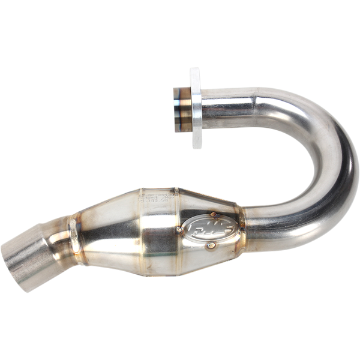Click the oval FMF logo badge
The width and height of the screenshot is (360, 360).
pyautogui.click(x=203, y=227)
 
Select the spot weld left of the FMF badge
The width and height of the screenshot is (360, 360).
pyautogui.click(x=178, y=229)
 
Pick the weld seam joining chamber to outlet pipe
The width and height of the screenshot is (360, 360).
pyautogui.click(x=75, y=234)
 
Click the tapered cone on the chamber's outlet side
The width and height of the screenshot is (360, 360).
pyautogui.click(x=102, y=231)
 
